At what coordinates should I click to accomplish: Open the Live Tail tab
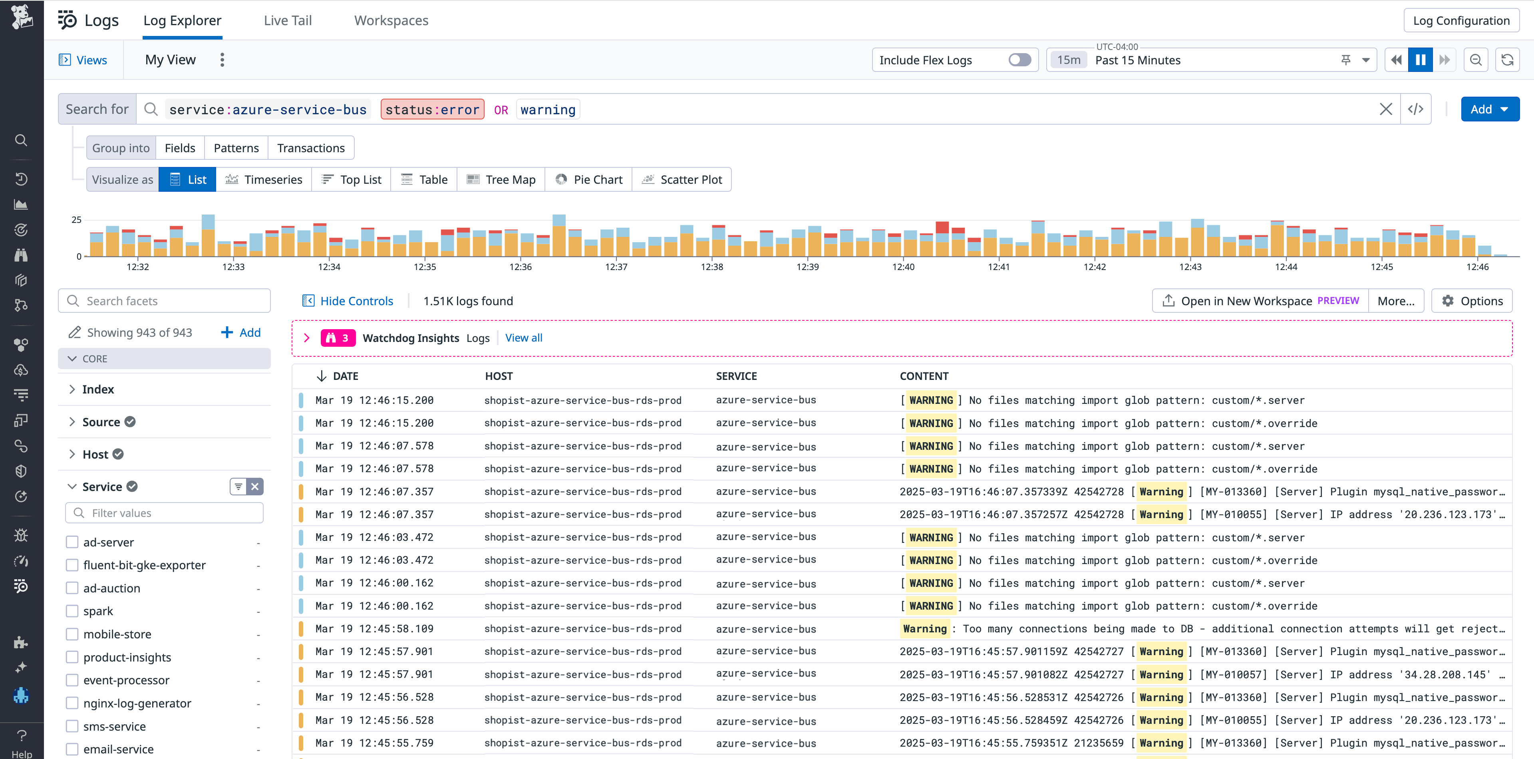(x=288, y=20)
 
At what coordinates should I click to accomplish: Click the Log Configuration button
(x=1461, y=20)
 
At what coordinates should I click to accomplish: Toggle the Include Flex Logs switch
(x=1019, y=60)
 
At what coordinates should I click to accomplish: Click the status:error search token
(x=432, y=109)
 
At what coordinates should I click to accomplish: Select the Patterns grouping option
(x=236, y=148)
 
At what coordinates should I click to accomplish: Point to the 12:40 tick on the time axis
(x=903, y=267)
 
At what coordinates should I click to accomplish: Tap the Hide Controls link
(x=356, y=301)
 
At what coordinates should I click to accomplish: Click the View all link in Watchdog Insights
(x=523, y=338)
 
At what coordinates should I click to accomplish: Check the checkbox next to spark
(x=72, y=611)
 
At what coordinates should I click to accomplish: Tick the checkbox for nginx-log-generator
(x=72, y=703)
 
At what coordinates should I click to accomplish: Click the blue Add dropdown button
(x=1489, y=109)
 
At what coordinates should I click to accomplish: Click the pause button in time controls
(x=1420, y=60)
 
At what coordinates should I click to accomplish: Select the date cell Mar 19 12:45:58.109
(x=374, y=629)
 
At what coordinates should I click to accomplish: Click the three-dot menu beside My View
(x=222, y=60)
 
